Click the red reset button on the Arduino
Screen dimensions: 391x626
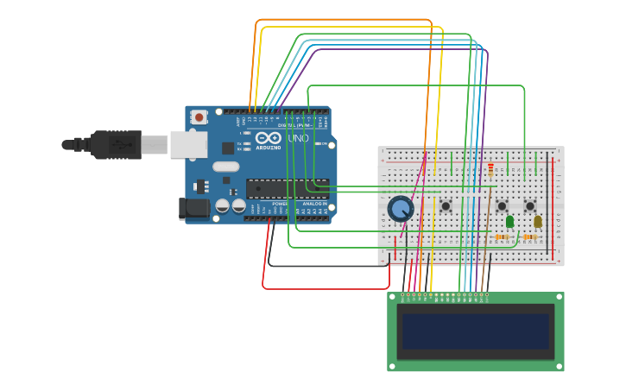tap(199, 117)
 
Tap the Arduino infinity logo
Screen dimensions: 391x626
tap(267, 138)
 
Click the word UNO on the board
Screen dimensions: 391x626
tap(297, 138)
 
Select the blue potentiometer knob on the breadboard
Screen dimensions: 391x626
tap(401, 208)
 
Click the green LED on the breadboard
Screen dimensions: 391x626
tap(509, 222)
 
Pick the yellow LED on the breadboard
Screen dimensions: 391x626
tap(537, 222)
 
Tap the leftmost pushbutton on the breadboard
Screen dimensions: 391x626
tap(446, 205)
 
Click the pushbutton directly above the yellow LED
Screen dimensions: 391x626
tap(530, 205)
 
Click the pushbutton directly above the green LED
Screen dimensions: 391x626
tap(502, 205)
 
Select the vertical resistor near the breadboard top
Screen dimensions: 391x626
tap(491, 168)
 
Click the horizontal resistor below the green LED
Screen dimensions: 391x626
tap(502, 236)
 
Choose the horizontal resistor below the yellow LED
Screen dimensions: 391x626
tap(529, 236)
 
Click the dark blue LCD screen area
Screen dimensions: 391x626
tap(475, 331)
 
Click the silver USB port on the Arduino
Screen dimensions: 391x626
tap(188, 144)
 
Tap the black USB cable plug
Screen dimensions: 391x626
tap(117, 144)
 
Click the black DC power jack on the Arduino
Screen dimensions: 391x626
tap(193, 208)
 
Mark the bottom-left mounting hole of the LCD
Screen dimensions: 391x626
tap(393, 366)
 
